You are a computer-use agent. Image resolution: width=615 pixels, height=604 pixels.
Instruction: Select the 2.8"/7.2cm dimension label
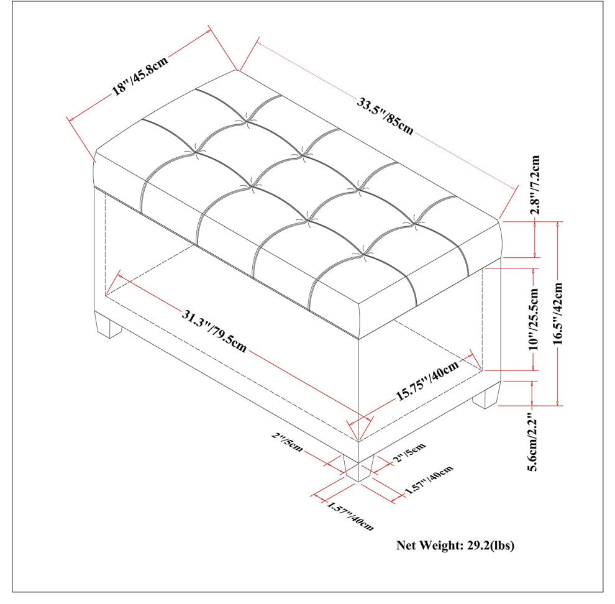(x=535, y=185)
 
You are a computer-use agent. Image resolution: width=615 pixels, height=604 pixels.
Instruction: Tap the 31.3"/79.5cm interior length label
(x=214, y=331)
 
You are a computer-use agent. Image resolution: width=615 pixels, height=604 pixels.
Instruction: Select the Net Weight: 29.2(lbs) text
(x=455, y=546)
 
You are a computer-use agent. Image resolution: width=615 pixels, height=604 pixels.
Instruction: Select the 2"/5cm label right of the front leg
(x=408, y=454)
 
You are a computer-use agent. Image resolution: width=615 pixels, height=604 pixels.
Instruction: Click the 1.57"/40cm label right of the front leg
(x=430, y=480)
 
